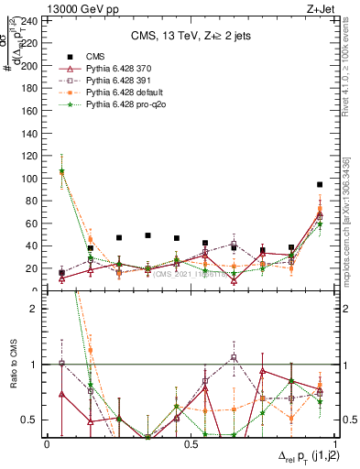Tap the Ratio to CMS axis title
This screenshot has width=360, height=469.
12,365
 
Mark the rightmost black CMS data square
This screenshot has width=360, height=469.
320,185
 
